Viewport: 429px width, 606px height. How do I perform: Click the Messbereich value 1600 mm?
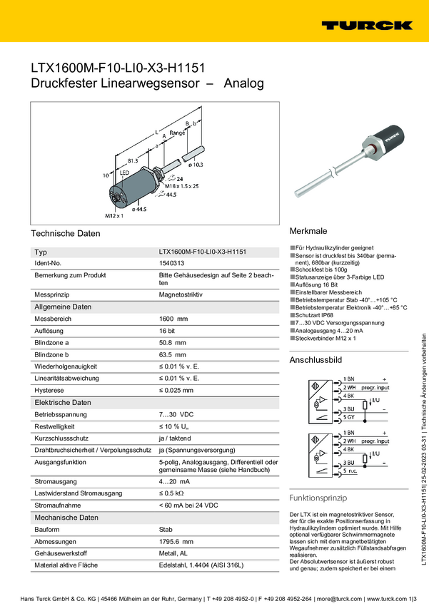(x=173, y=318)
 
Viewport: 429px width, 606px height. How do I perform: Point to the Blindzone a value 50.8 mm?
(x=172, y=342)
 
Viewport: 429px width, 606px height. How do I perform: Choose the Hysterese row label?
(x=50, y=390)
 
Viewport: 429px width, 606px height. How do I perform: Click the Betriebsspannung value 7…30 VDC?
(x=176, y=414)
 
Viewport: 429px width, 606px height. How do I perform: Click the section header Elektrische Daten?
(x=63, y=402)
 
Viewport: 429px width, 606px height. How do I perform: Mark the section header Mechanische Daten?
(x=66, y=498)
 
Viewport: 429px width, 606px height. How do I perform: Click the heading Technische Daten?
(x=66, y=233)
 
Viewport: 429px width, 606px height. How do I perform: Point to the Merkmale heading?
(x=308, y=232)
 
